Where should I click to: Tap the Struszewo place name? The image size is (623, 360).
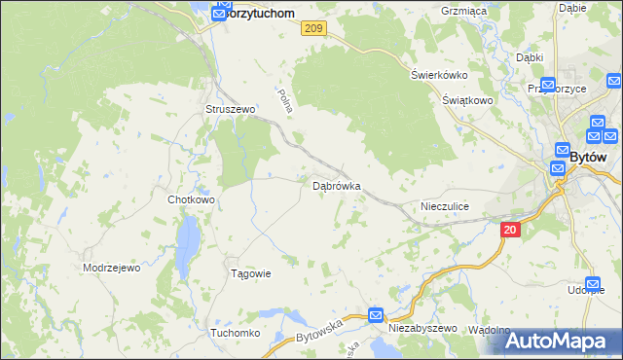pos(230,110)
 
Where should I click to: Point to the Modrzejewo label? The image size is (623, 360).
pos(112,268)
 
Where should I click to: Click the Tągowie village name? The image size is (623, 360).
pos(249,273)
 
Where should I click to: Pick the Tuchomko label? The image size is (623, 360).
pos(235,333)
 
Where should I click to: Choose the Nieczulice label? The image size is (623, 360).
pos(445,206)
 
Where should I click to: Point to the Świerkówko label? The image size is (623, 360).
pos(439,75)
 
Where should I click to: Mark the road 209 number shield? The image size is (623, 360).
pos(312,30)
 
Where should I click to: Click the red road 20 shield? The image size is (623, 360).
pos(512,230)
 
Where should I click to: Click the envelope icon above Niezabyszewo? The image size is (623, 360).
pos(377,315)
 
